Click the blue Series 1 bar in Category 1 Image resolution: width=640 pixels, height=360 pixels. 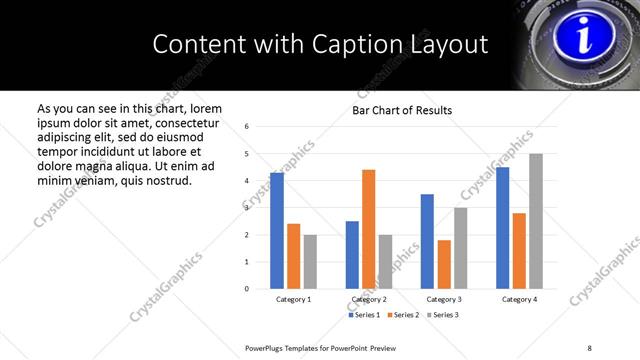tap(277, 231)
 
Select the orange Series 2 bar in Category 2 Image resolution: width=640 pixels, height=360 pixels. tap(369, 229)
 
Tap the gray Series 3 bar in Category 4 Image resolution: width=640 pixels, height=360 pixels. tap(536, 221)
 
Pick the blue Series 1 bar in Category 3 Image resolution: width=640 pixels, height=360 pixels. tap(427, 241)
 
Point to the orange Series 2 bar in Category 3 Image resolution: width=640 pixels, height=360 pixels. tap(444, 264)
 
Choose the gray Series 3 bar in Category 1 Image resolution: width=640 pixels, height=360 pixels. tap(310, 261)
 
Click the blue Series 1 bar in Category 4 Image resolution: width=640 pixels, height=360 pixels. tap(503, 228)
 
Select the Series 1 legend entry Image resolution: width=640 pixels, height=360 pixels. tap(363, 315)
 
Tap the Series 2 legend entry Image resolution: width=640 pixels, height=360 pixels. tap(402, 315)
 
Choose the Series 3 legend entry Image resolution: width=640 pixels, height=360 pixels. tap(441, 315)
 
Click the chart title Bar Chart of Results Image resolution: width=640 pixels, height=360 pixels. tap(402, 110)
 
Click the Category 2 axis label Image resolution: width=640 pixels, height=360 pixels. tap(369, 299)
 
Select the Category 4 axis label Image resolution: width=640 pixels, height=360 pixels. tap(519, 299)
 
